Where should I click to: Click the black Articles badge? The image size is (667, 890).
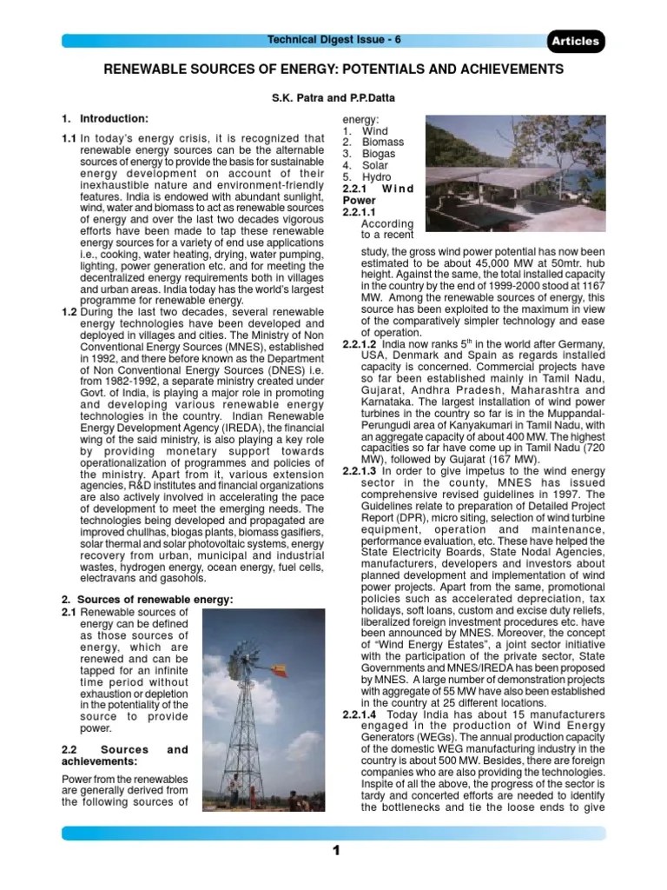tap(574, 41)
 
